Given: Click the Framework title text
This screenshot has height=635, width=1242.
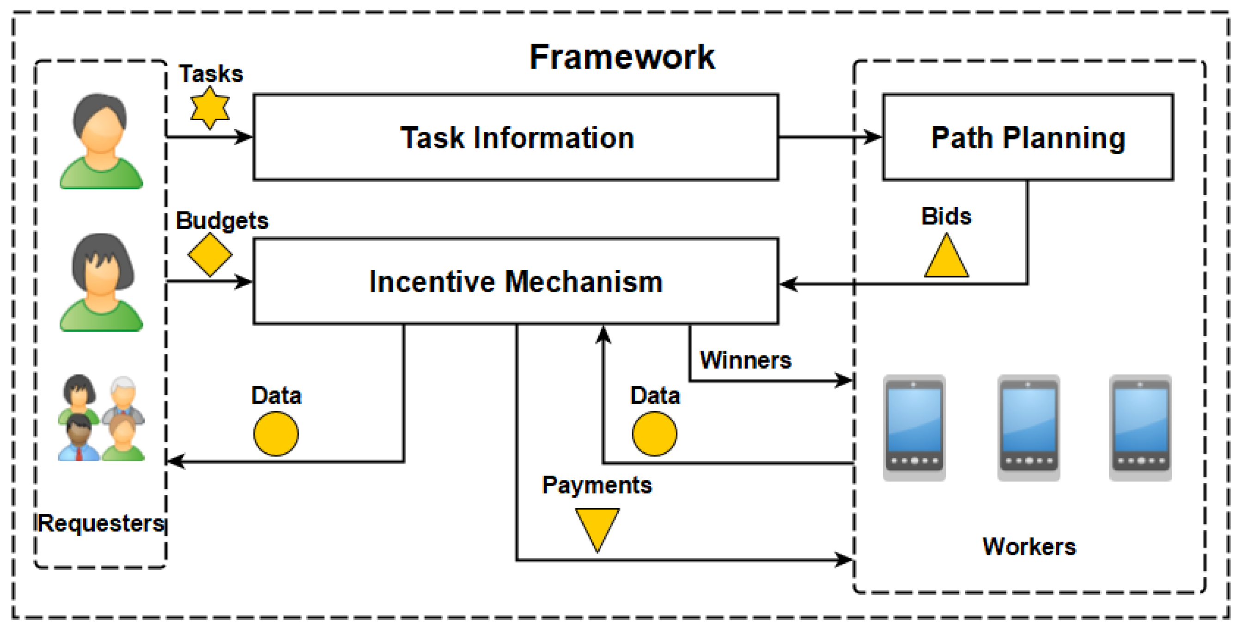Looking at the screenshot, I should click(621, 57).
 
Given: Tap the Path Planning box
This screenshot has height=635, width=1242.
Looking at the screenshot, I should click(1028, 137).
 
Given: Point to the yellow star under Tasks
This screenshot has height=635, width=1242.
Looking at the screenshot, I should click(209, 108).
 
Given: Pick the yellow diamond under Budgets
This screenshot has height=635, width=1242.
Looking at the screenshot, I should click(210, 255).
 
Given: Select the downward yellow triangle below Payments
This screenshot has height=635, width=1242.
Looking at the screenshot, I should click(597, 527).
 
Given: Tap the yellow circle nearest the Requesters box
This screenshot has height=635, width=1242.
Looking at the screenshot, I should click(276, 434).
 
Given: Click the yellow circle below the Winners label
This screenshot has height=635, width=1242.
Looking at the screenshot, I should click(654, 434).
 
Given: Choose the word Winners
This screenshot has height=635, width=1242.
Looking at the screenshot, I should click(745, 360).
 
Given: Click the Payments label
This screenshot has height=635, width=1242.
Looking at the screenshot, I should click(597, 485).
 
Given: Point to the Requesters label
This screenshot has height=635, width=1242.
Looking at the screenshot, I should click(101, 524).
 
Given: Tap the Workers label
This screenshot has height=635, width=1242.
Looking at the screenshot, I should click(1029, 547).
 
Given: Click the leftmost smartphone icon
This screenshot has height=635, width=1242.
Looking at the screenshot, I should click(914, 427).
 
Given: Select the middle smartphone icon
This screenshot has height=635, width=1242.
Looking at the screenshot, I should click(1029, 427).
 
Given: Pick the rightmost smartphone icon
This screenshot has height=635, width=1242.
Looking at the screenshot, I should click(1140, 427).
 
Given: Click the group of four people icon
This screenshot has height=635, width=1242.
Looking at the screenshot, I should click(101, 418).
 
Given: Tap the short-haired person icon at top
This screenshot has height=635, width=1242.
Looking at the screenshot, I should click(101, 141).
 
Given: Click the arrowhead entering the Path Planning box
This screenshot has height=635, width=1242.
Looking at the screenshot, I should click(873, 137).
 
